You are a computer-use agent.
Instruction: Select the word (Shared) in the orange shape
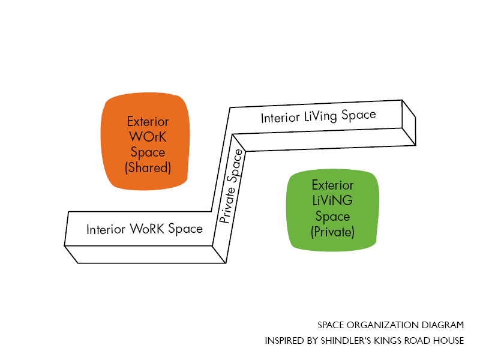(148, 168)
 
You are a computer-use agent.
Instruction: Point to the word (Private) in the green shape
(333, 232)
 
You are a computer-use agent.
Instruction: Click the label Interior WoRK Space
(145, 229)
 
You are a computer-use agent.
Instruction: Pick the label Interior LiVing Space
(318, 116)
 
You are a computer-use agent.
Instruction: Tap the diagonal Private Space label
(232, 187)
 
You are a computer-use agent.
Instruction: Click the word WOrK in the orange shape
(148, 137)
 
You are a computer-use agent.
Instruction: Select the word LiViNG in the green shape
(332, 200)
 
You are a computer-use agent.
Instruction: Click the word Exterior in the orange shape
(148, 121)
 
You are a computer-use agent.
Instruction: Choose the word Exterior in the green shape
(332, 185)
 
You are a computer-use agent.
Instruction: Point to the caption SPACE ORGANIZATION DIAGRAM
(391, 325)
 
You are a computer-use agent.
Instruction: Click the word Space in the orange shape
(148, 152)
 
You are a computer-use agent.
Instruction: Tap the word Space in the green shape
(332, 216)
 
